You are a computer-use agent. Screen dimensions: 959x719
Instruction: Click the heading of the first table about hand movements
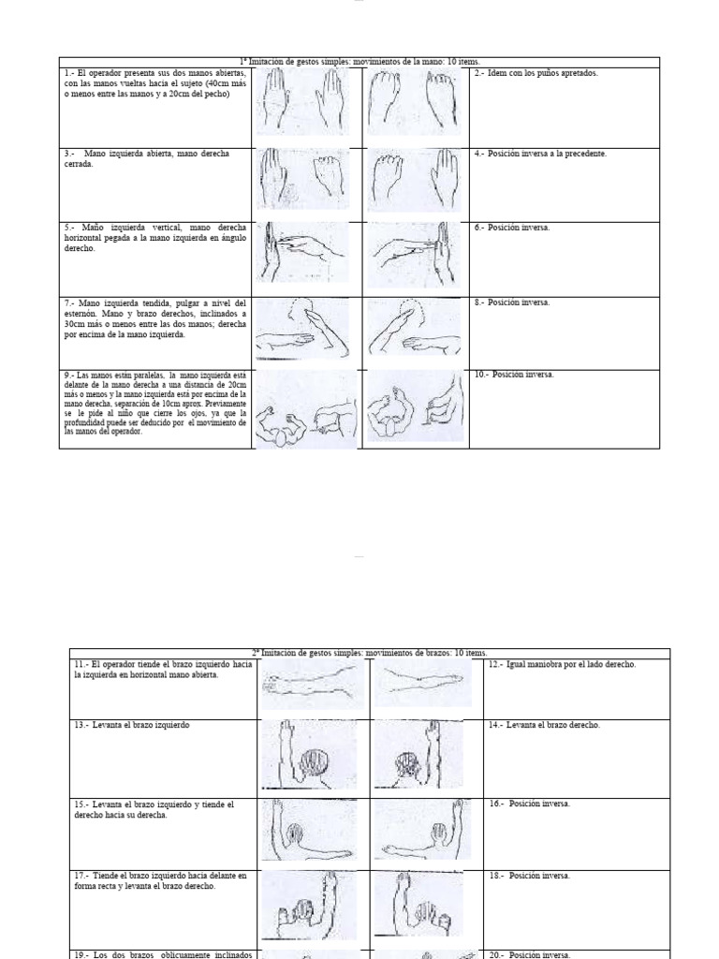[359, 62]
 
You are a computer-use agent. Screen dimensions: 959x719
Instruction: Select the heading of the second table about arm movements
[370, 653]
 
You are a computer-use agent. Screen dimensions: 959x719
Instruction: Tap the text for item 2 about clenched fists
[536, 73]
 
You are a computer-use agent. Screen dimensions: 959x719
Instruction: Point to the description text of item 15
[154, 809]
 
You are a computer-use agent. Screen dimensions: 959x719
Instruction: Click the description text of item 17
[160, 881]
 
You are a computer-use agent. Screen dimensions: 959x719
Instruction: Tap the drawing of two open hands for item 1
[306, 103]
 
